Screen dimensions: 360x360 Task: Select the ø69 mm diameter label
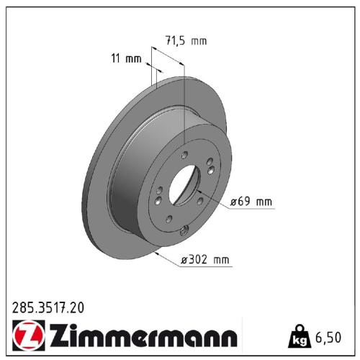(251, 202)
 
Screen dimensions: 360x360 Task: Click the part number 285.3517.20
(48, 307)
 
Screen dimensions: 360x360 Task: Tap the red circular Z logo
(24, 336)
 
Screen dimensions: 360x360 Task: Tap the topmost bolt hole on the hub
(184, 156)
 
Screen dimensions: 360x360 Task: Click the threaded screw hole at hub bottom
(184, 230)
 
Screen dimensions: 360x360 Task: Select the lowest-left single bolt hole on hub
(168, 221)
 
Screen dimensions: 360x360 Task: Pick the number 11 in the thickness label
(118, 59)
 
